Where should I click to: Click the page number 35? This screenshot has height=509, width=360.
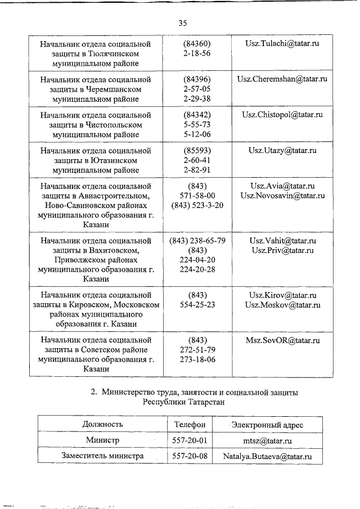click(x=182, y=23)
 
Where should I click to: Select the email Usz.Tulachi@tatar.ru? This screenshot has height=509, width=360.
click(x=282, y=43)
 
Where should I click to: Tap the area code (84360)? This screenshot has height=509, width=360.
click(x=197, y=43)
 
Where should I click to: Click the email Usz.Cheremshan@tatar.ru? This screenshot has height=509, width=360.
click(x=282, y=79)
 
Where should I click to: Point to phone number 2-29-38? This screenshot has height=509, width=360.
click(x=197, y=98)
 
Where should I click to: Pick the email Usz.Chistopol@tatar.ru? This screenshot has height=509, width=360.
click(x=282, y=115)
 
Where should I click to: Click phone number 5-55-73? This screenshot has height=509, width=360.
click(x=197, y=124)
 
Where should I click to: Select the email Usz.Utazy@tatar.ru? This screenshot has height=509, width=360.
click(x=282, y=151)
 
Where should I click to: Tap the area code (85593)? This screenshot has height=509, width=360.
click(x=197, y=151)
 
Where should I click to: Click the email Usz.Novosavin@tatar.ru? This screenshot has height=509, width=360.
click(x=282, y=196)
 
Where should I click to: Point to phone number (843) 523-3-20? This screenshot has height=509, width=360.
click(x=197, y=205)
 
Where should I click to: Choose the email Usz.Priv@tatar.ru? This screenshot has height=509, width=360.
click(x=282, y=250)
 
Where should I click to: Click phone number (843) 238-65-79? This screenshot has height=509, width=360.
click(x=197, y=241)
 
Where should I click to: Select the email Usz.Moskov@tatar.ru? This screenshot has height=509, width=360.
click(x=282, y=305)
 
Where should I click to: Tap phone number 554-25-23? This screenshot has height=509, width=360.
click(x=197, y=305)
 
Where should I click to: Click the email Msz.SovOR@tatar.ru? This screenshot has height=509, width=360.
click(x=282, y=340)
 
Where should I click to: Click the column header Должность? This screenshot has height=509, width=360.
click(x=102, y=424)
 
